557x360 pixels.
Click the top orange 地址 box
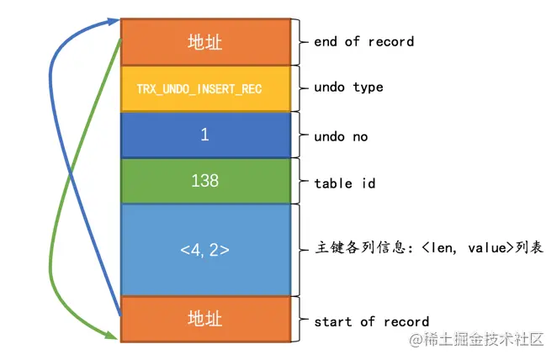(x=204, y=42)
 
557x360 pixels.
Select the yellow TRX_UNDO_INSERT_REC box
(x=204, y=88)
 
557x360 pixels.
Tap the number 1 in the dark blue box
(x=204, y=135)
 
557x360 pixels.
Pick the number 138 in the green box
(x=204, y=181)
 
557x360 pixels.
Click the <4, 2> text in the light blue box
(x=204, y=249)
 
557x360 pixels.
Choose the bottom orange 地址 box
(x=204, y=320)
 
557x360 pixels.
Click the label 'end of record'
(x=363, y=41)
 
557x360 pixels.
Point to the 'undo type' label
(x=348, y=87)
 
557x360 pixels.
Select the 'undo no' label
(x=341, y=136)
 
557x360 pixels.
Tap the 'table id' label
(x=344, y=182)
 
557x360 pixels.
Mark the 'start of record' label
(x=371, y=321)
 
